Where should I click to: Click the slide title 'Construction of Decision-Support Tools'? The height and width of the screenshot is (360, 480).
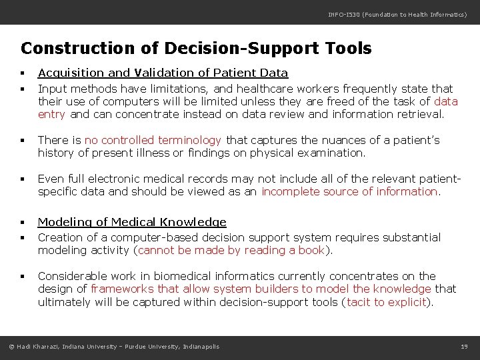pos(196,49)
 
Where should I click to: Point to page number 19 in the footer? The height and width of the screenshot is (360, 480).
pos(464,346)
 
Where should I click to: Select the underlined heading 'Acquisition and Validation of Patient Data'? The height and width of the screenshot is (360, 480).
pos(163,73)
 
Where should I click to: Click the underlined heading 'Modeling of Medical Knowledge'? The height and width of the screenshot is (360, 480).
pos(132,222)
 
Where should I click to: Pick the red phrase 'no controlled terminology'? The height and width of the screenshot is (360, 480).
pos(153,140)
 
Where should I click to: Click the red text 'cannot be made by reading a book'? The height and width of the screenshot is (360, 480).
pos(231,250)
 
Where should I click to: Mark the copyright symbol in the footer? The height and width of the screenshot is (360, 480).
pos(11,346)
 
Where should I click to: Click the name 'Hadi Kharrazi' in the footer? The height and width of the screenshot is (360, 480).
pos(39,346)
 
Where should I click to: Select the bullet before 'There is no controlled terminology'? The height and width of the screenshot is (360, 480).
pos(23,141)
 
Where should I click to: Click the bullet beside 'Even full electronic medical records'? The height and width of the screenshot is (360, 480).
pos(23,179)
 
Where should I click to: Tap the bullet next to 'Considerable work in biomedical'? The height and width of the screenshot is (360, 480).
pos(23,277)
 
